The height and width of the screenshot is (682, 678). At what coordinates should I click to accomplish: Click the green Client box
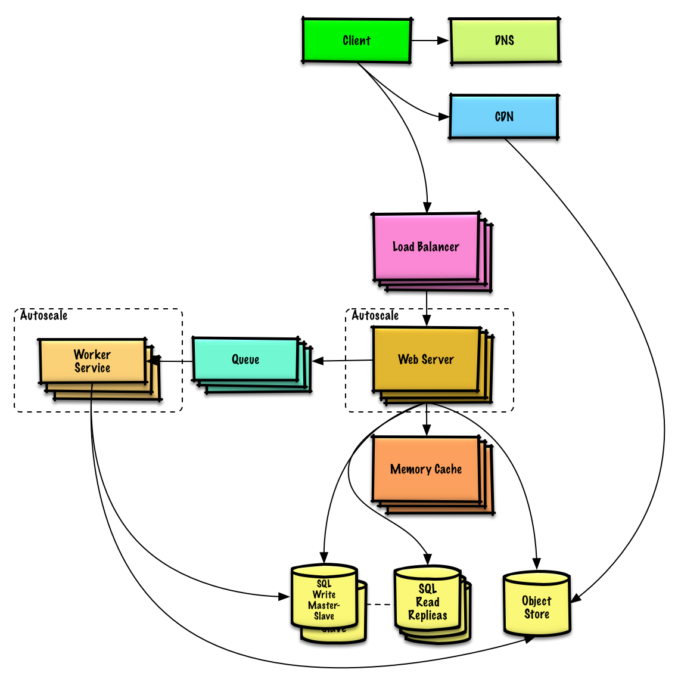(356, 41)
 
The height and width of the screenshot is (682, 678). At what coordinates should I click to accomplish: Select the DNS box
(504, 41)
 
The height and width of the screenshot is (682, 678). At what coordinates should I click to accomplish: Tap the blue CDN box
(503, 116)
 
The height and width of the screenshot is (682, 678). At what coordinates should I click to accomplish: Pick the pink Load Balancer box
(426, 247)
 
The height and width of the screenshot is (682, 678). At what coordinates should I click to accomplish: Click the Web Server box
(426, 359)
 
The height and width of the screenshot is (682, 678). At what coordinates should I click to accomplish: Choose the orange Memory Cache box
(426, 469)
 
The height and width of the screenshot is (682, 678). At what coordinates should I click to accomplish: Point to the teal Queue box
(245, 359)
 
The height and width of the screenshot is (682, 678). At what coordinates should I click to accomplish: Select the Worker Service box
(92, 361)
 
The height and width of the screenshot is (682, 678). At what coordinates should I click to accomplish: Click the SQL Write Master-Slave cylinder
(324, 599)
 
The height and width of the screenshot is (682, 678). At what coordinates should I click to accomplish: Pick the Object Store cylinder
(536, 604)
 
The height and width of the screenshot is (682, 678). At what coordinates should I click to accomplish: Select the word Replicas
(428, 616)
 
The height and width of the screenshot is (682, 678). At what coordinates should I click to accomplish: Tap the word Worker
(92, 355)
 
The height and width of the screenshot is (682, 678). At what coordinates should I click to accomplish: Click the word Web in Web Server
(408, 359)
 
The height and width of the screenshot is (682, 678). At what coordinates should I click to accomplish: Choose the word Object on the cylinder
(536, 601)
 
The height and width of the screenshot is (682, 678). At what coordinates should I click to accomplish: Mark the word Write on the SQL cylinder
(324, 594)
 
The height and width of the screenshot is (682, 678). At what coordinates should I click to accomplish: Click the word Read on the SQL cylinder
(428, 602)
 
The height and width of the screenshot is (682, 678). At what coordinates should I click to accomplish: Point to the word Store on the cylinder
(536, 614)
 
